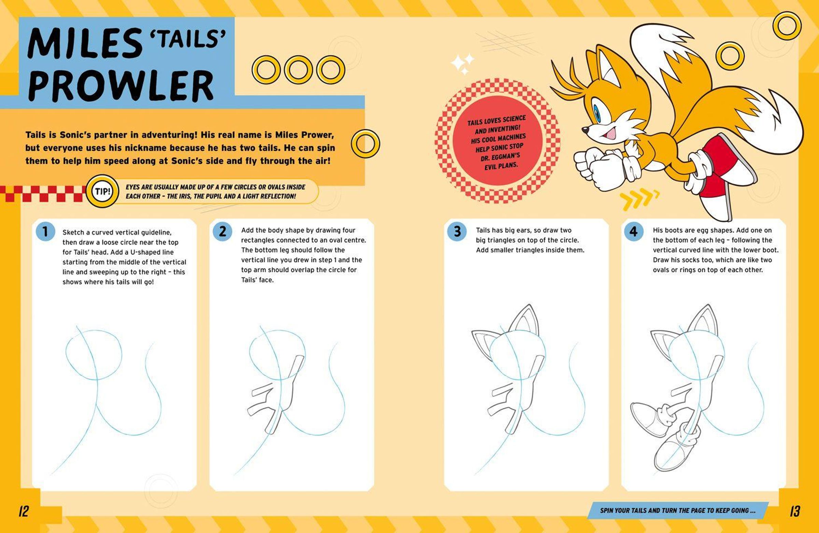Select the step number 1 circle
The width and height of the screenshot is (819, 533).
pyautogui.click(x=45, y=232)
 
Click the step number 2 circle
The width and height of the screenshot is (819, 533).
pyautogui.click(x=222, y=232)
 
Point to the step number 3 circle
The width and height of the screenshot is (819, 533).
pyautogui.click(x=457, y=232)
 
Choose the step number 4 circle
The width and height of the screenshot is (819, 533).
pyautogui.click(x=634, y=232)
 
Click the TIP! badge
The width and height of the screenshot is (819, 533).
pyautogui.click(x=102, y=191)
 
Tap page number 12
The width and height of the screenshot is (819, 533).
pyautogui.click(x=24, y=511)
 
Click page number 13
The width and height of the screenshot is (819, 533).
pyautogui.click(x=795, y=511)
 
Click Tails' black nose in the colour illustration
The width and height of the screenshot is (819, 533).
pyautogui.click(x=585, y=130)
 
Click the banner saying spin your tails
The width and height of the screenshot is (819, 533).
pyautogui.click(x=678, y=510)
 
